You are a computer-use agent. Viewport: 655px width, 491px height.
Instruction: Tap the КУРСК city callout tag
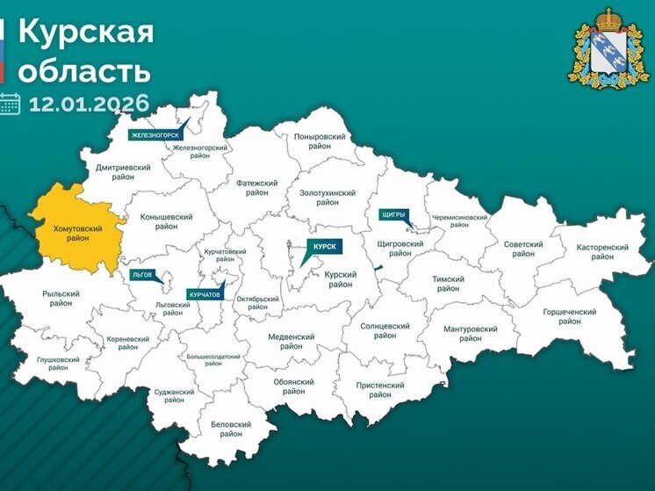(x=325, y=248)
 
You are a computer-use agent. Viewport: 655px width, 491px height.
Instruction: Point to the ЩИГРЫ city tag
(x=392, y=213)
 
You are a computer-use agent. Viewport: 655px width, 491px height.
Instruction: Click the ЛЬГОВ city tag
(x=142, y=274)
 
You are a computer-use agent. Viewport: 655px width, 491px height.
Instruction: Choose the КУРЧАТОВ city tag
(x=204, y=294)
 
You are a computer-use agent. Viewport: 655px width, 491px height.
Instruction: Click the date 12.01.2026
(x=89, y=104)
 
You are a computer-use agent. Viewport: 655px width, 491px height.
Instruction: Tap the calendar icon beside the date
(x=10, y=104)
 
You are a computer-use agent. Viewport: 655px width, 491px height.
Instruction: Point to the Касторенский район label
(x=602, y=252)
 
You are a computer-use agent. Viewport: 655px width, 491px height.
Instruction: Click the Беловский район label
(x=231, y=429)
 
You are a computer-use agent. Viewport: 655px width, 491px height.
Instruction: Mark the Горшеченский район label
(x=568, y=316)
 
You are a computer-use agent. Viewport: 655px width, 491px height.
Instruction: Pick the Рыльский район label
(x=61, y=299)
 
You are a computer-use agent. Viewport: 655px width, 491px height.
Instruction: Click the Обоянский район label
(x=293, y=386)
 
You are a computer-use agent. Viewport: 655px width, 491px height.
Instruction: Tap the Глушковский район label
(x=59, y=365)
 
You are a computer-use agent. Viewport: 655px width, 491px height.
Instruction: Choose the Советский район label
(x=523, y=249)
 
